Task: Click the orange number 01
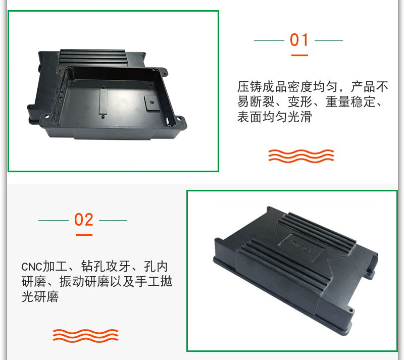click(x=299, y=40)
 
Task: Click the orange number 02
click(x=84, y=220)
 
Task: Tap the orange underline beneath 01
click(x=299, y=55)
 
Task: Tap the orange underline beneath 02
click(x=84, y=235)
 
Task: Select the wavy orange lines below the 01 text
click(x=301, y=156)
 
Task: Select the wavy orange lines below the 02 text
click(x=85, y=336)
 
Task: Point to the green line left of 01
click(x=269, y=40)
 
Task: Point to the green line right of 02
click(x=113, y=220)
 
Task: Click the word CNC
click(x=31, y=267)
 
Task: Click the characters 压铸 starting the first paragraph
click(x=249, y=86)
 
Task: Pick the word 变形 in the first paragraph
click(x=299, y=101)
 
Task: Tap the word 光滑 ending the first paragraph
click(x=299, y=117)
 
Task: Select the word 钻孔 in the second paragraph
click(x=93, y=266)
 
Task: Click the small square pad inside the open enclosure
click(x=151, y=104)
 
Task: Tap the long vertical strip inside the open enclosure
click(x=103, y=101)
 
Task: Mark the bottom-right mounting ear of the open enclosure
click(x=179, y=123)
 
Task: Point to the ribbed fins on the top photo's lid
click(x=93, y=57)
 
